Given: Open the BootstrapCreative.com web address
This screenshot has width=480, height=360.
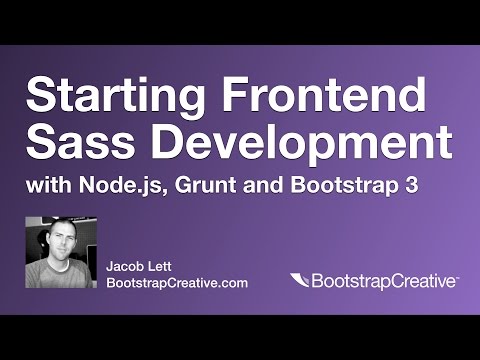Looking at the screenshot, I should (177, 283).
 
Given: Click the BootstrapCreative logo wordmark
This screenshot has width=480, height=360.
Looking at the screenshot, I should (382, 282).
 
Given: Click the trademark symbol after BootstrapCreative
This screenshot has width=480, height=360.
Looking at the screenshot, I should (456, 277).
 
